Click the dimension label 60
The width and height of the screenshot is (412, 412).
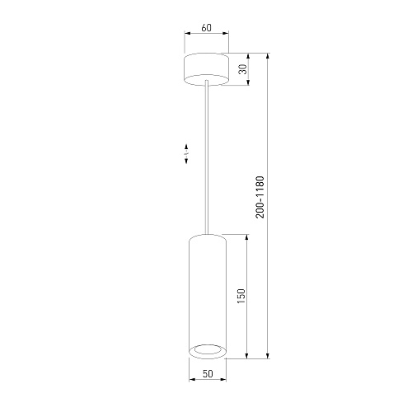[207, 28]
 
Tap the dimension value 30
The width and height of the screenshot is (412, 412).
[243, 69]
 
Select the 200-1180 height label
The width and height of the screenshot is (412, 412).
[260, 197]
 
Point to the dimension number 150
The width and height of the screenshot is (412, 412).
[241, 296]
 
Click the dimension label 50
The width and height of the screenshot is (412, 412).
[208, 373]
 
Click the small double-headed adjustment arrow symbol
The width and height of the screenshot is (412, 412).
[186, 154]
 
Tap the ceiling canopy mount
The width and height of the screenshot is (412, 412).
[206, 69]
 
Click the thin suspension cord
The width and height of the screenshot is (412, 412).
[207, 157]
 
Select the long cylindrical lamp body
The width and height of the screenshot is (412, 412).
[208, 297]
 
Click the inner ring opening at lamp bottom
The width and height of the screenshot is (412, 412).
[208, 350]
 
